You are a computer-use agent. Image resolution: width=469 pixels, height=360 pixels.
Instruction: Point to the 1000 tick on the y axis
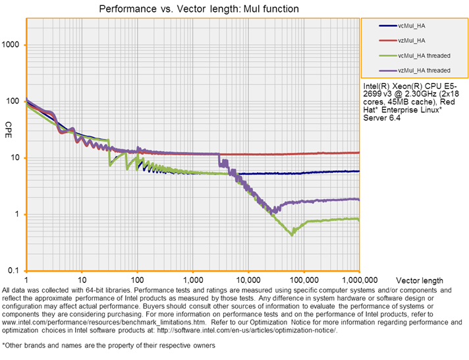click(x=13, y=45)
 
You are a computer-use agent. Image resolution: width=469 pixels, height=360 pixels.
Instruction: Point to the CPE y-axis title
click(x=9, y=126)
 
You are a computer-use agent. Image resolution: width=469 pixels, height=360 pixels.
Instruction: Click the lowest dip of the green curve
click(x=292, y=235)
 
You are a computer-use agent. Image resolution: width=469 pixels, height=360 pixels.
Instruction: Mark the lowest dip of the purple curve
click(x=273, y=211)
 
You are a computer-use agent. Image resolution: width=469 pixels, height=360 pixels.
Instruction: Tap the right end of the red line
click(x=359, y=152)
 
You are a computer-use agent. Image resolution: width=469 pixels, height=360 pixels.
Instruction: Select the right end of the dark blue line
click(x=359, y=171)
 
